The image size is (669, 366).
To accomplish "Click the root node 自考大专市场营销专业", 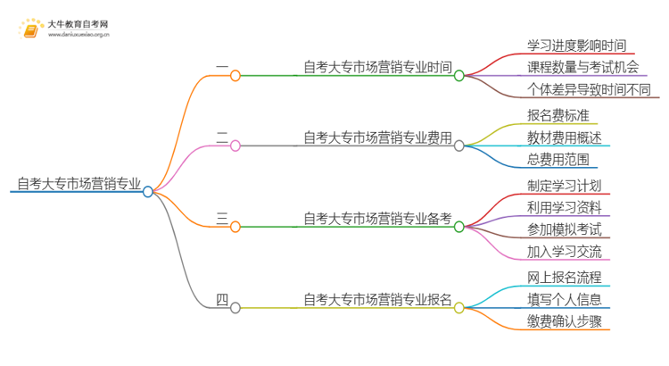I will coord(78,185).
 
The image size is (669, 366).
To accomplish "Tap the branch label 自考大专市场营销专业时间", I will coord(377,67).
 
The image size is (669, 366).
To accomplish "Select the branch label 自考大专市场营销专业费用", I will coord(377,137).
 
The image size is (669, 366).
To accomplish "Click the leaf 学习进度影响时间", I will coord(576,44).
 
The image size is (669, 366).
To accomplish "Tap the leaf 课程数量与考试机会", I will coord(582,67).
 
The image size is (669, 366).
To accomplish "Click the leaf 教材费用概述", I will coord(564,137).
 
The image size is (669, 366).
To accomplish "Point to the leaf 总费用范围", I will coord(557,160).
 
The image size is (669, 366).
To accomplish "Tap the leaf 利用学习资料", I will coord(564,207).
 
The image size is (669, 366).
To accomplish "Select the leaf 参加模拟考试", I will coord(564,229).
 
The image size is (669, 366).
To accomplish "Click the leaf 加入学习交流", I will coord(564,253).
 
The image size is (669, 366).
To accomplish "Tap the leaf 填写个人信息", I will coord(564,299).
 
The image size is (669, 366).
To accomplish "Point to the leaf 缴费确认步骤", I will coord(564,321).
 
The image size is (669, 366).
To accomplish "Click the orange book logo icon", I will coord(29,29).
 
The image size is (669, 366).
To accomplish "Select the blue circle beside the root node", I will coord(148,191).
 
